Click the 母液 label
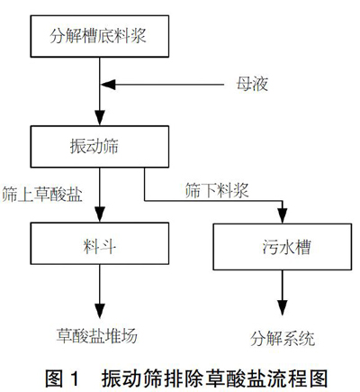tap(252, 84)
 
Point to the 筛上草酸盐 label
tap(42, 194)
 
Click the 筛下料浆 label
tap(217, 190)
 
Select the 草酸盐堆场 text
tap(97, 335)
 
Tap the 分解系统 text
tap(283, 339)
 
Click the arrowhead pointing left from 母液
tap(108, 85)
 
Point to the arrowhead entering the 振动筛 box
tap(100, 118)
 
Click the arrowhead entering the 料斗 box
tap(100, 214)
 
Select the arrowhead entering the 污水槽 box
tap(283, 216)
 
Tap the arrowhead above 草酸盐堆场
tap(100, 311)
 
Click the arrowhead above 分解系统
tap(283, 307)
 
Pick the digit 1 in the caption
tap(74, 378)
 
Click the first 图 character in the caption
tap(54, 378)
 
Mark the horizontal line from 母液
tap(162, 85)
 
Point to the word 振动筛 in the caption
tap(128, 378)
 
